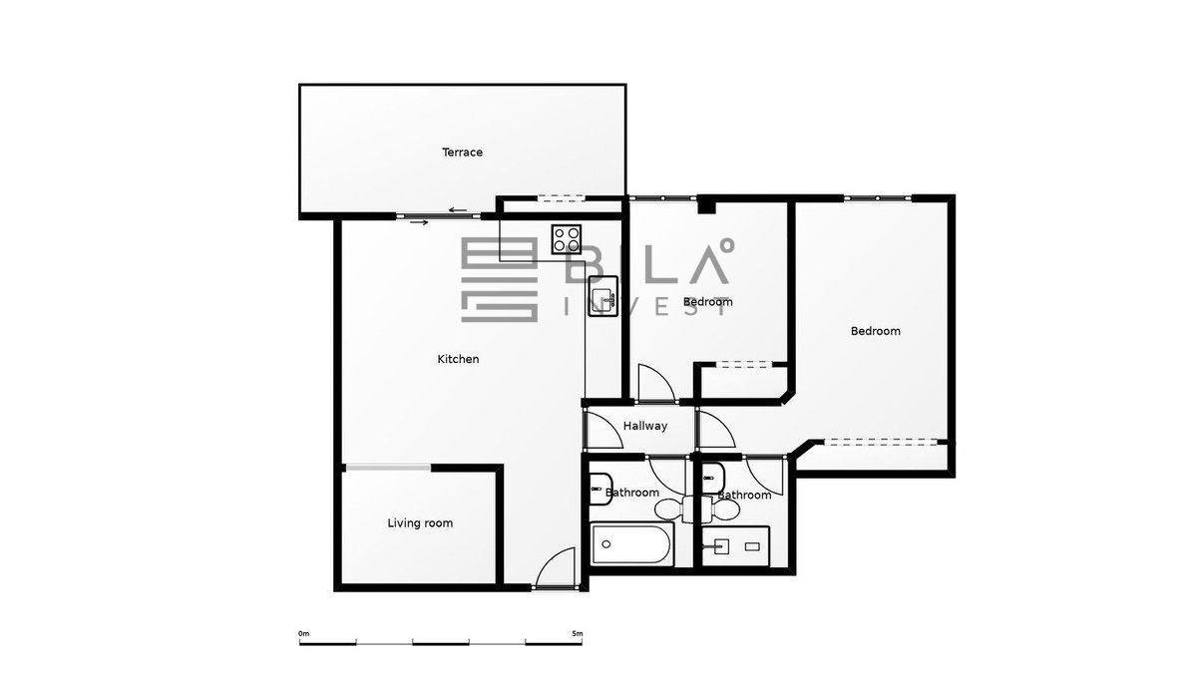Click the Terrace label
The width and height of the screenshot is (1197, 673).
click(462, 153)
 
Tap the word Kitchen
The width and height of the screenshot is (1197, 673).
click(458, 359)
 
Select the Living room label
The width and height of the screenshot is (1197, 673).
click(420, 522)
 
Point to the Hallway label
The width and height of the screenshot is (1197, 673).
click(645, 426)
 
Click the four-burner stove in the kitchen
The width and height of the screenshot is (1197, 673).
click(567, 239)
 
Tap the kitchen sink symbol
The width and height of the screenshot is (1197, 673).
click(603, 296)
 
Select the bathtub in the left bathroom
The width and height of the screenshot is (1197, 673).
click(632, 544)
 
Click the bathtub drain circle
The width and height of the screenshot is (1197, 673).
click(606, 544)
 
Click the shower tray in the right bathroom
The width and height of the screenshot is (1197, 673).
click(735, 546)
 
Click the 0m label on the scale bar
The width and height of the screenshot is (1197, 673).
click(303, 633)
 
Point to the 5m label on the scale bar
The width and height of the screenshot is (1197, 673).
click(578, 633)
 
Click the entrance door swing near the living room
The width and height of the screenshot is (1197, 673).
click(556, 567)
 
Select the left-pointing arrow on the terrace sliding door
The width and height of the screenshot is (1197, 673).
click(458, 210)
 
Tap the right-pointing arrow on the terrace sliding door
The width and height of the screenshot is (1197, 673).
click(420, 222)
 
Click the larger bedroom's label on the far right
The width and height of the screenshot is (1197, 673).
click(876, 331)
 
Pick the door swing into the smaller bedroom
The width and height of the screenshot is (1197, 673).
click(656, 383)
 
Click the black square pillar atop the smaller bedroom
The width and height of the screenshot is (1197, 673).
click(706, 205)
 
